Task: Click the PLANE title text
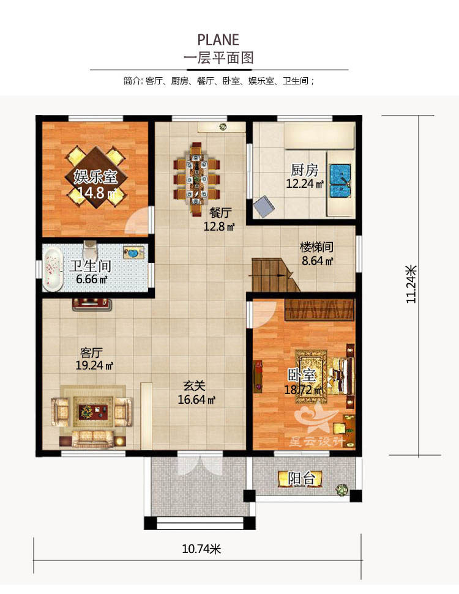218,40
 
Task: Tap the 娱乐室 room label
95,177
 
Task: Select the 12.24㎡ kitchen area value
305,184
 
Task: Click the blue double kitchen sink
340,180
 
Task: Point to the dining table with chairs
196,179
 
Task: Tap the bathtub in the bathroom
52,268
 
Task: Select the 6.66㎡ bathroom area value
92,279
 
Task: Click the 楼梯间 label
317,247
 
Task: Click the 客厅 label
91,353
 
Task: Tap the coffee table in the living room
93,410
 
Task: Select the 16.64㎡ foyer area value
196,399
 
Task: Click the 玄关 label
194,386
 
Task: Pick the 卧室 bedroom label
301,376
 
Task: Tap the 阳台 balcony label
301,478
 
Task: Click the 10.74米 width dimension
201,549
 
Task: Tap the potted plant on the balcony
342,489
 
